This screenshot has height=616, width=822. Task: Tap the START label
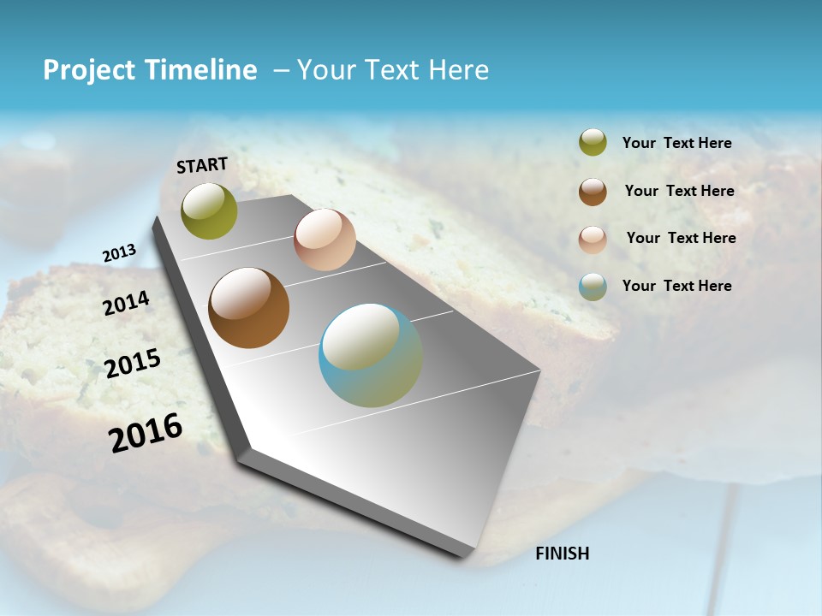coord(202,165)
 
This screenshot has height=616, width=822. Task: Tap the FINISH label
coord(562,554)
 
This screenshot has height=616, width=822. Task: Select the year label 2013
coord(119,253)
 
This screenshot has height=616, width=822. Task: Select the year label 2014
coord(126,303)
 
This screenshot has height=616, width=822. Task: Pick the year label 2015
coord(133,364)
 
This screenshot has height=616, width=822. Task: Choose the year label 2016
coord(146,432)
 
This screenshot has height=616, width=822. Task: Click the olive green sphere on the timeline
coord(209,211)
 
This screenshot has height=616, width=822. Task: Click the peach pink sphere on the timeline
coord(325,240)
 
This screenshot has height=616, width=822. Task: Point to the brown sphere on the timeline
coord(249,308)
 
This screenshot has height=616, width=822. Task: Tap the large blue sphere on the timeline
coord(371,355)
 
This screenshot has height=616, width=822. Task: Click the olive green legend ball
coord(593,142)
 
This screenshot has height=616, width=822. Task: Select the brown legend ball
coord(593,192)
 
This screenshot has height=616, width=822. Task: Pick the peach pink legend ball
coord(593,240)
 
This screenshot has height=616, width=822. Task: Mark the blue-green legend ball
coord(593,287)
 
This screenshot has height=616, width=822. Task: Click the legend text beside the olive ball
coord(676,143)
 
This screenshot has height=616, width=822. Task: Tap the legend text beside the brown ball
coord(679,191)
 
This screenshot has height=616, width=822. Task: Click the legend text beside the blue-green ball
coord(676,286)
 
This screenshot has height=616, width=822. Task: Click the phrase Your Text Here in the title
coord(393,70)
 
